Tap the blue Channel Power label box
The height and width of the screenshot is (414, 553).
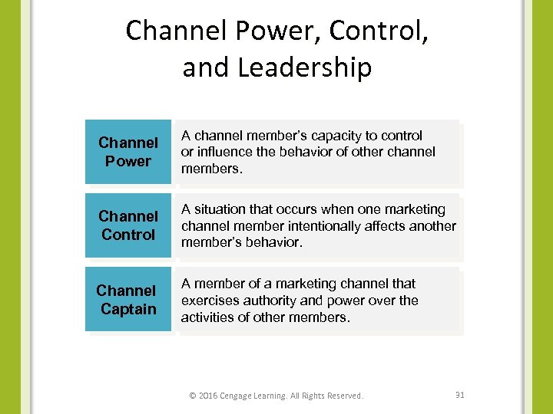click(x=128, y=152)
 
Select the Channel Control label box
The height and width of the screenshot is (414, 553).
click(x=128, y=225)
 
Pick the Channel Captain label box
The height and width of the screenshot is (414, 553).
click(x=128, y=300)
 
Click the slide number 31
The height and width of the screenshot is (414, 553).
click(x=460, y=395)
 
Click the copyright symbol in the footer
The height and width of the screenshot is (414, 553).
click(x=193, y=396)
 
